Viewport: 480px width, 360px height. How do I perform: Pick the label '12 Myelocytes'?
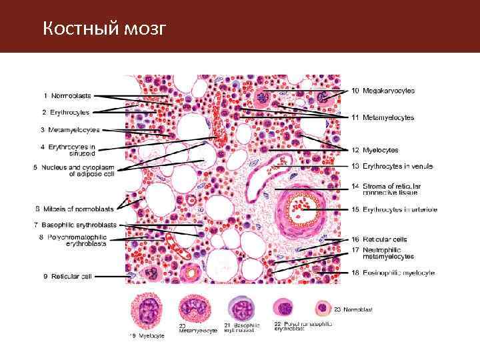coord(375,150)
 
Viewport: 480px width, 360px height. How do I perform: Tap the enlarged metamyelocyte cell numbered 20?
coord(195,309)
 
